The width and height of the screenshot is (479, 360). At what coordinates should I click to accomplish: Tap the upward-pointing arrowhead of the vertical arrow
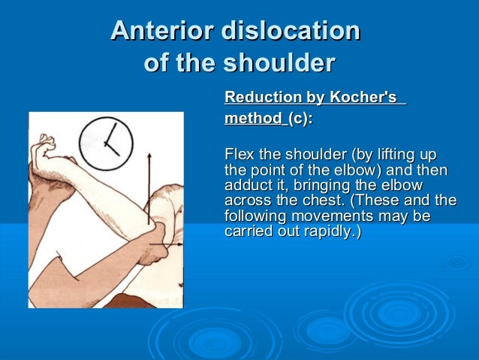click(149, 156)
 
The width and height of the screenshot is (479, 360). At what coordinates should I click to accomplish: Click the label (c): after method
click(300, 119)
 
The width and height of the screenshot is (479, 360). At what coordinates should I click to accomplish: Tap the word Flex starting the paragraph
click(239, 156)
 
